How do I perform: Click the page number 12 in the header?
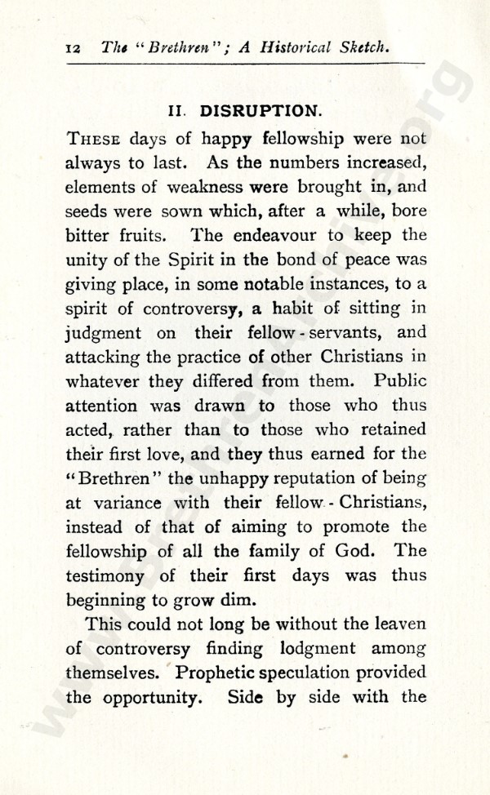pos(72,48)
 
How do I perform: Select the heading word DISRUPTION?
pos(260,110)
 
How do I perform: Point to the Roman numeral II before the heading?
pos(178,111)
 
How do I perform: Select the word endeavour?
pos(277,235)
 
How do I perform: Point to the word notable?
pos(273,284)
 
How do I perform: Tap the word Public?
pos(400,381)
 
